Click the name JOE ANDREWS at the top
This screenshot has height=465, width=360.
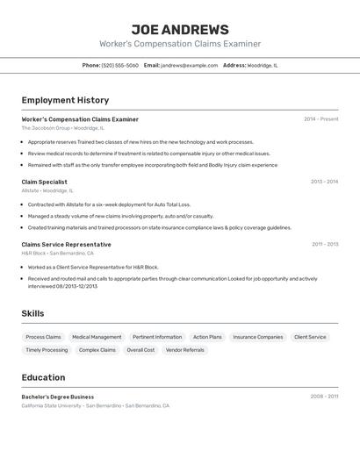click(179, 30)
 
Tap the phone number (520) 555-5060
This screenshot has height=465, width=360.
click(119, 65)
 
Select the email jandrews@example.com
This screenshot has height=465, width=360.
click(189, 65)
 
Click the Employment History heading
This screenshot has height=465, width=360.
click(65, 100)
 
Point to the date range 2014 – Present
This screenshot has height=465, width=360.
click(320, 119)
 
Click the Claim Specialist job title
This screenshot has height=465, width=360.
click(44, 182)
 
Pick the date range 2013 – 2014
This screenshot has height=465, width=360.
click(324, 182)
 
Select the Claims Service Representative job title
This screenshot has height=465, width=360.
click(66, 245)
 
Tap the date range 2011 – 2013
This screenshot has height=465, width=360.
click(324, 245)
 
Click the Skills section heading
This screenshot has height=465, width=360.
click(32, 313)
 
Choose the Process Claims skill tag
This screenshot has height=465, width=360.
click(43, 337)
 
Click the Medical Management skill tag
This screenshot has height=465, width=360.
click(97, 337)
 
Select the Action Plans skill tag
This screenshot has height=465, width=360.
click(207, 337)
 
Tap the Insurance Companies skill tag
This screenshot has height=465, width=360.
click(257, 337)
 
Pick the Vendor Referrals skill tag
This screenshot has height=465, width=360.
click(184, 350)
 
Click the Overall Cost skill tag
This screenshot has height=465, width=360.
click(140, 350)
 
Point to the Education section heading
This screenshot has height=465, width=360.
click(43, 377)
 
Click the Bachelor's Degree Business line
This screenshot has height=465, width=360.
click(57, 397)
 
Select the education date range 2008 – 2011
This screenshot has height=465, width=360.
click(324, 397)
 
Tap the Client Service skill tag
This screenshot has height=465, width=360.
click(309, 337)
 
